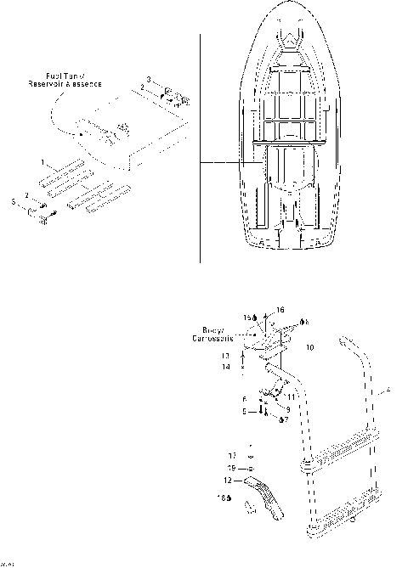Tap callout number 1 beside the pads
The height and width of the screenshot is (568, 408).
pyautogui.click(x=43, y=161)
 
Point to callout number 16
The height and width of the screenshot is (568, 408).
pyautogui.click(x=281, y=312)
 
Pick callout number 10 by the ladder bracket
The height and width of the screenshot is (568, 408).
pyautogui.click(x=309, y=347)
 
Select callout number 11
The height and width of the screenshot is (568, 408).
pyautogui.click(x=291, y=397)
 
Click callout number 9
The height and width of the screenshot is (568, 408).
pyautogui.click(x=287, y=408)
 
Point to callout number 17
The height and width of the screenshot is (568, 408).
pyautogui.click(x=232, y=456)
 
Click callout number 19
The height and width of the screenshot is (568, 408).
pyautogui.click(x=232, y=468)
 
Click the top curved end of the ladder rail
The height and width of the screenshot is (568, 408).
pyautogui.click(x=346, y=342)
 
